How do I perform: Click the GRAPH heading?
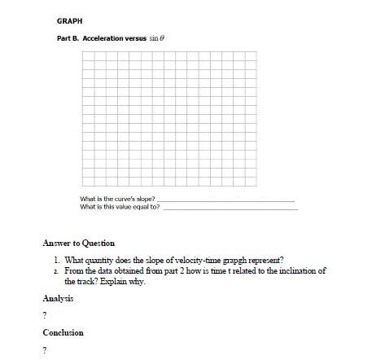click(68, 20)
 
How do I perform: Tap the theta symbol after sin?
click(163, 37)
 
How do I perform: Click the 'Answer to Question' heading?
click(78, 243)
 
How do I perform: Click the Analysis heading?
click(58, 298)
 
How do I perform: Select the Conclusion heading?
click(63, 332)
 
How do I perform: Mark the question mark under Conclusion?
click(44, 349)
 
